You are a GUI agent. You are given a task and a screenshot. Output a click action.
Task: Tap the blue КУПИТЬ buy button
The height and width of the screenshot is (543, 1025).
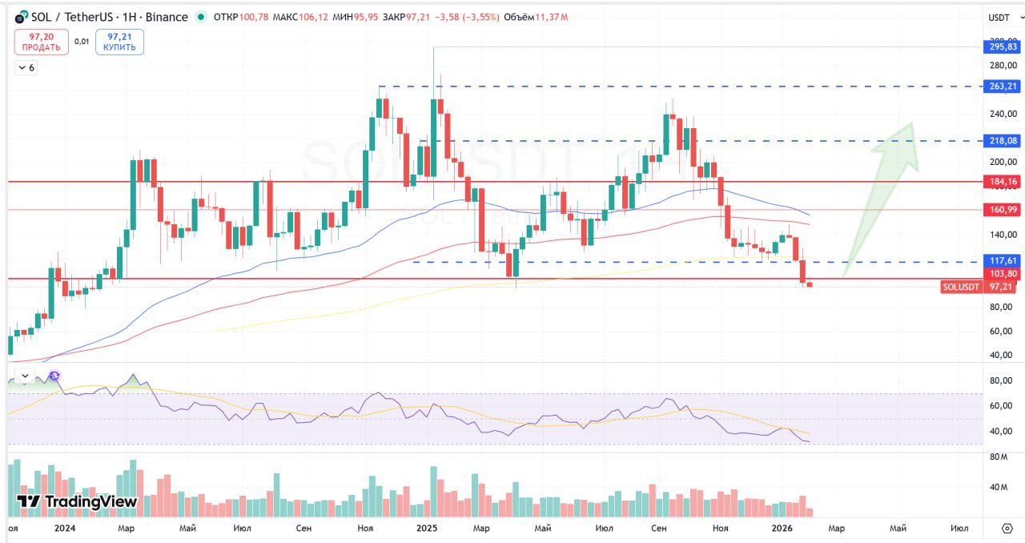tap(119, 42)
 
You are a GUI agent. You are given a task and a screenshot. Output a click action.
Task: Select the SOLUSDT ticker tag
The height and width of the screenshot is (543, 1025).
tap(961, 287)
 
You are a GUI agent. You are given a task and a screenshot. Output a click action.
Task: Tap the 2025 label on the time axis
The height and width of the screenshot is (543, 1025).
tap(427, 529)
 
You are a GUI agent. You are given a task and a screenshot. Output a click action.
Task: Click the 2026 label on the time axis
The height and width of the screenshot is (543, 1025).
tap(782, 529)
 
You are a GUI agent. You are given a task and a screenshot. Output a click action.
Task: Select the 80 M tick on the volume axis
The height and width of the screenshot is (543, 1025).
tap(998, 457)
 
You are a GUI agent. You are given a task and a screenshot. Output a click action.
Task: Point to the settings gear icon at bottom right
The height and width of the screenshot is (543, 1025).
tap(1007, 529)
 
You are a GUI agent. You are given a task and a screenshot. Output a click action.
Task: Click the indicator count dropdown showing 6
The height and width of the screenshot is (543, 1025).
tap(26, 68)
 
